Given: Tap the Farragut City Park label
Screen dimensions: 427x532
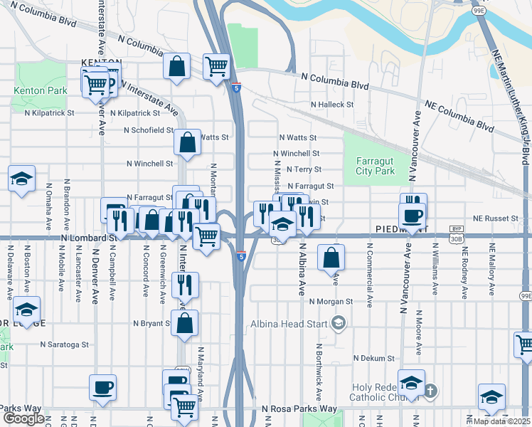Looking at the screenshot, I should pyautogui.click(x=375, y=166).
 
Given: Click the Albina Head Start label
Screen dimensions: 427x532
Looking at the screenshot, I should pyautogui.click(x=287, y=325).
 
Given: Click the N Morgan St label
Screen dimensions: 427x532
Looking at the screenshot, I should pyautogui.click(x=329, y=301).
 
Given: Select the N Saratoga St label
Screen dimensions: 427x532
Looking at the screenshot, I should pyautogui.click(x=64, y=344).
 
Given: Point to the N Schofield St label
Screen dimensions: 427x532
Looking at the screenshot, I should pyautogui.click(x=149, y=130).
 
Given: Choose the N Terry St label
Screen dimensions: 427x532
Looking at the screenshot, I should pyautogui.click(x=304, y=169).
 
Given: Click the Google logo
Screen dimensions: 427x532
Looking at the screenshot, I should pyautogui.click(x=23, y=418).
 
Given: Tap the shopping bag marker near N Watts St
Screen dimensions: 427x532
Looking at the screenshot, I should pyautogui.click(x=187, y=141).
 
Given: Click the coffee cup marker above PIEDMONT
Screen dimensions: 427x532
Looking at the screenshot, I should pyautogui.click(x=413, y=215).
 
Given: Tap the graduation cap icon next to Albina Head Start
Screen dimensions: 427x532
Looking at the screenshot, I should pyautogui.click(x=339, y=325).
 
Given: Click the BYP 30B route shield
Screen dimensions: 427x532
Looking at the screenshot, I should pyautogui.click(x=456, y=233).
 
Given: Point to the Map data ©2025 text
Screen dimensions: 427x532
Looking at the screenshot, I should pyautogui.click(x=501, y=421).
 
